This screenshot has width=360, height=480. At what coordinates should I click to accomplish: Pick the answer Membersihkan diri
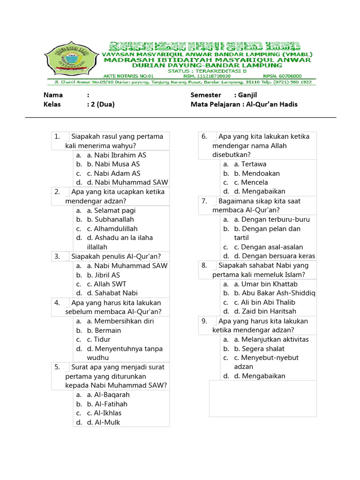pyautogui.click(x=124, y=321)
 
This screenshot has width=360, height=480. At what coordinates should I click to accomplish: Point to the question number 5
pyautogui.click(x=57, y=367)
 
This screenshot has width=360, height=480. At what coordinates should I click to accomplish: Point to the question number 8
pyautogui.click(x=204, y=265)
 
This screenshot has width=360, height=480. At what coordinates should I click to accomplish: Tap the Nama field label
pyautogui.click(x=53, y=95)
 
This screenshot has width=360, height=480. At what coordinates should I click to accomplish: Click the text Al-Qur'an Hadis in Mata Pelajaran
pyautogui.click(x=272, y=105)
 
